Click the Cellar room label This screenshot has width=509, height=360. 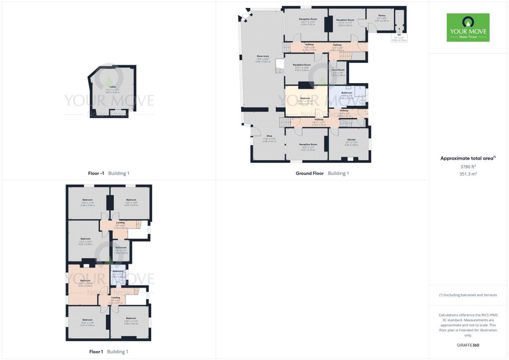pyautogui.click(x=113, y=87)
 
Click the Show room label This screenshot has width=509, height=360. pyautogui.click(x=263, y=56)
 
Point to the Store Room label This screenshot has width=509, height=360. pyautogui.click(x=339, y=70)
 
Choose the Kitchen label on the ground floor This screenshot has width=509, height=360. pyautogui.click(x=351, y=140)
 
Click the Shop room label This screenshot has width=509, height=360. pyautogui.click(x=269, y=136)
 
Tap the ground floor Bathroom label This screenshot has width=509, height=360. pyautogui.click(x=346, y=93)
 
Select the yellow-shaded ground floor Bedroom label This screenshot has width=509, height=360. pyautogui.click(x=305, y=98)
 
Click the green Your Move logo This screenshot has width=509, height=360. pyautogui.click(x=468, y=27)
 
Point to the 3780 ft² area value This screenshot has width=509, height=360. pyautogui.click(x=468, y=167)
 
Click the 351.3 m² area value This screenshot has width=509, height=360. pyautogui.click(x=468, y=174)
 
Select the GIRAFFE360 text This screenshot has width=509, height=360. pyautogui.click(x=468, y=345)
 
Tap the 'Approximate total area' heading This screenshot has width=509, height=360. pyautogui.click(x=468, y=158)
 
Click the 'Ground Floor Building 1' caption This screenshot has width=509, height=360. pyautogui.click(x=322, y=174)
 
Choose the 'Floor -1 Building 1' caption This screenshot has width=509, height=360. pyautogui.click(x=108, y=174)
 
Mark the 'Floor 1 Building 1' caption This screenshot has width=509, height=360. pyautogui.click(x=108, y=352)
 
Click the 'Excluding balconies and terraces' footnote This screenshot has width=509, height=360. pyautogui.click(x=468, y=295)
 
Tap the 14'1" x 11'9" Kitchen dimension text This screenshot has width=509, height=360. pyautogui.click(x=351, y=144)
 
